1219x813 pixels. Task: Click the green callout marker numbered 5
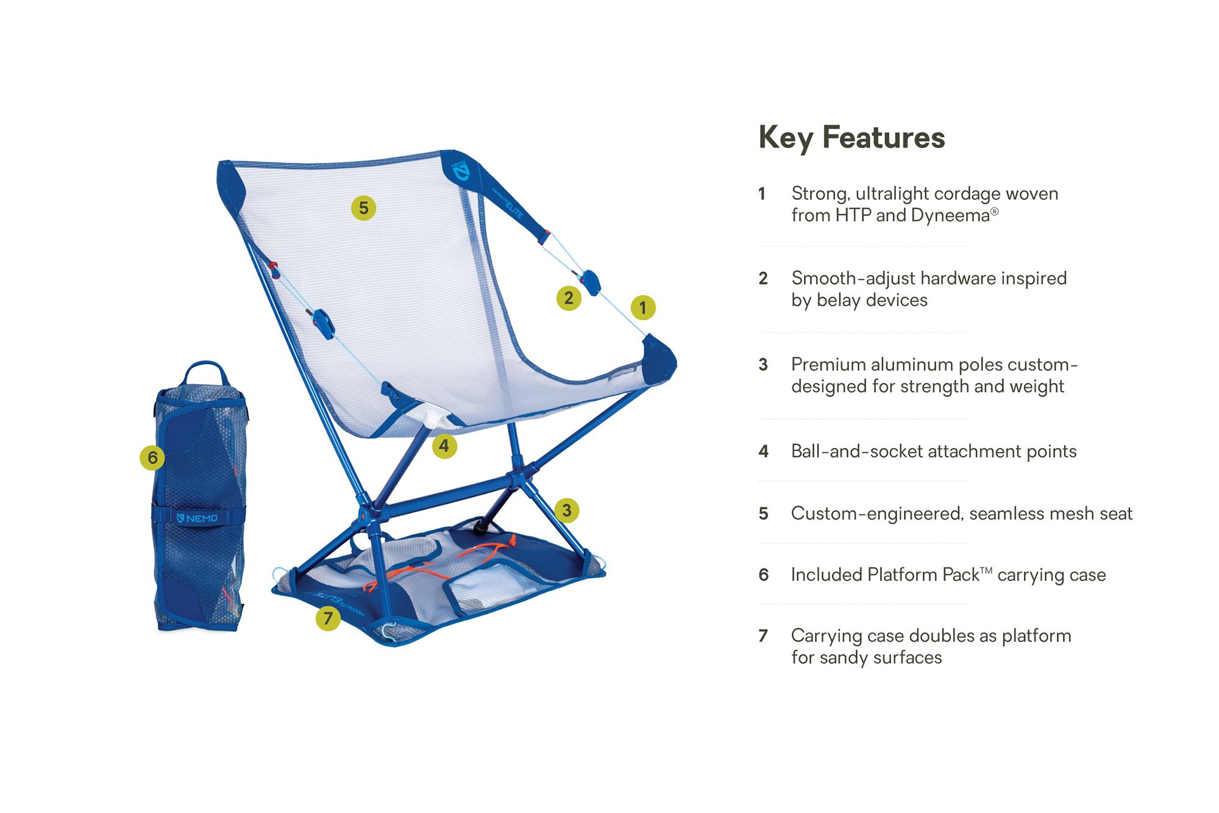tap(363, 208)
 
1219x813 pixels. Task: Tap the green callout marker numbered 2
tap(569, 298)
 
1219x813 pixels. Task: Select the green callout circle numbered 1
tap(642, 307)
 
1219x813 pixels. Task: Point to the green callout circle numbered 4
tap(444, 446)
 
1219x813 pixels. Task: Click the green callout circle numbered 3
tap(567, 510)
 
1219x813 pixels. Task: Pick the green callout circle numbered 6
tap(152, 457)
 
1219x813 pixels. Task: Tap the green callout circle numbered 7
tap(328, 618)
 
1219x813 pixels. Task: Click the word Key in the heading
tap(785, 137)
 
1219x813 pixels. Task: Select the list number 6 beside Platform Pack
tap(764, 575)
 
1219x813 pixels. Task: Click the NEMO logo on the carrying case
tap(197, 518)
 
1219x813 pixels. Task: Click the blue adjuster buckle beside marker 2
tap(591, 282)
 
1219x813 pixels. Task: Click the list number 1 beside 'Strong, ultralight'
tap(762, 194)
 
